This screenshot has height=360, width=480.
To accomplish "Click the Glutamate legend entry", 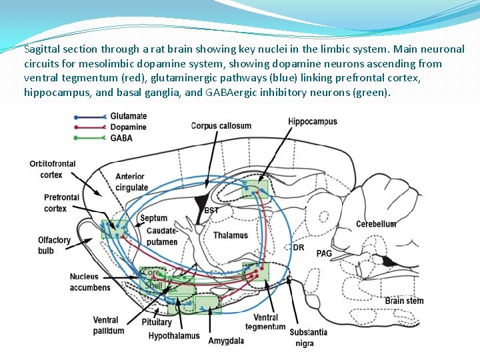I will (x=128, y=116).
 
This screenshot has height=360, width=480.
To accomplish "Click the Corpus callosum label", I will (x=221, y=125).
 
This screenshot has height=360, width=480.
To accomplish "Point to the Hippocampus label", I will (x=313, y=121).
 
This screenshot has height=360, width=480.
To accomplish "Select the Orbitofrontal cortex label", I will (x=52, y=169).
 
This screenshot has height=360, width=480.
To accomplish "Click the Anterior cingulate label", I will (x=131, y=182).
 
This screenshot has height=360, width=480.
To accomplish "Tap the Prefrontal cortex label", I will (x=61, y=203).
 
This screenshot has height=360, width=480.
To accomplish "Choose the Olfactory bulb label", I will (x=54, y=245).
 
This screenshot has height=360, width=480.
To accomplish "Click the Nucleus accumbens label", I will (x=89, y=282).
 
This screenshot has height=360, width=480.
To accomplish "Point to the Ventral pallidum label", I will (x=109, y=325).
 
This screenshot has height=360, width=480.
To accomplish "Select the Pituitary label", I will (x=156, y=323).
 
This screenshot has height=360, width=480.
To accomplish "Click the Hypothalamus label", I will (x=173, y=335).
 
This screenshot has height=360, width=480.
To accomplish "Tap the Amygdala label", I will (x=226, y=341).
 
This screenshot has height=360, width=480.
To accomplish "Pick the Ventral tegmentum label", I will (x=265, y=322).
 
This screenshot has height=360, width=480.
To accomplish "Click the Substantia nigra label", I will (x=308, y=337).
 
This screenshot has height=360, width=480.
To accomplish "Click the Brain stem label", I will (x=404, y=301).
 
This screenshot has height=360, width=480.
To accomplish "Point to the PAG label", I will (x=324, y=253).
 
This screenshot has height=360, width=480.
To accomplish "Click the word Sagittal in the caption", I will (x=42, y=49).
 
